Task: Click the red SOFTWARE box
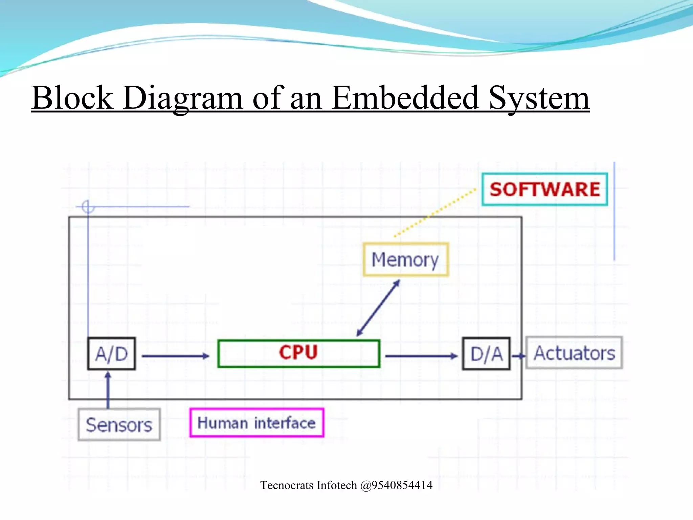click(x=544, y=189)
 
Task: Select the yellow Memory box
click(x=405, y=260)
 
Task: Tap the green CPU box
click(x=298, y=353)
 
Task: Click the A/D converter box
click(x=111, y=354)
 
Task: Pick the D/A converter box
click(x=486, y=354)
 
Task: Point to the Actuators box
click(x=574, y=353)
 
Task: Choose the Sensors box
click(x=119, y=425)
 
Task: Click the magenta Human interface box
click(x=256, y=423)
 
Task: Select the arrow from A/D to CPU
click(x=175, y=356)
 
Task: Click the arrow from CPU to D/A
click(x=421, y=356)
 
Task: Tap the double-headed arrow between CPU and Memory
click(x=378, y=308)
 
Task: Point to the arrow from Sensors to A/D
click(x=108, y=390)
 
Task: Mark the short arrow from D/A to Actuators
click(x=518, y=356)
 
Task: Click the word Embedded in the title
click(x=405, y=98)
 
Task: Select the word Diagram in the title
click(x=183, y=98)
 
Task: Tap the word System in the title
click(x=539, y=98)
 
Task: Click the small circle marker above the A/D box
click(x=88, y=206)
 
